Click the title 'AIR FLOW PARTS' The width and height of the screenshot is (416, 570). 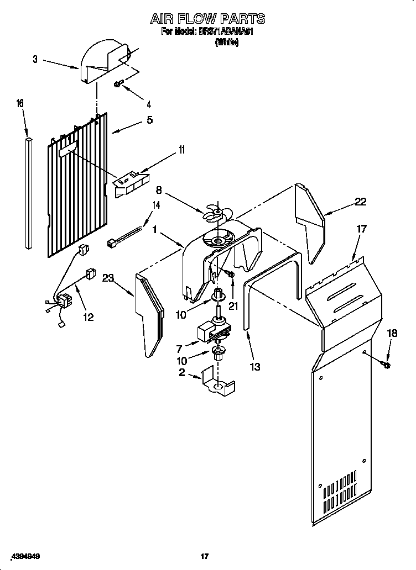point(207,19)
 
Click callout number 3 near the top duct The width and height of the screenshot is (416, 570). point(35,59)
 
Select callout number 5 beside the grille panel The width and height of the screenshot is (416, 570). point(149,119)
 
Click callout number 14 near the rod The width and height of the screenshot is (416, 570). point(157,205)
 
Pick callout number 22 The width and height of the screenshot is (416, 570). point(360,202)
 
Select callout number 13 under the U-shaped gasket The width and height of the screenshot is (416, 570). point(255,365)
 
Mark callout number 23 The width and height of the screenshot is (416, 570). point(107,278)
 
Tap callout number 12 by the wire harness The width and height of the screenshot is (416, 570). point(88,316)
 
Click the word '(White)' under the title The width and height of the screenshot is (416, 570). point(226,43)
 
